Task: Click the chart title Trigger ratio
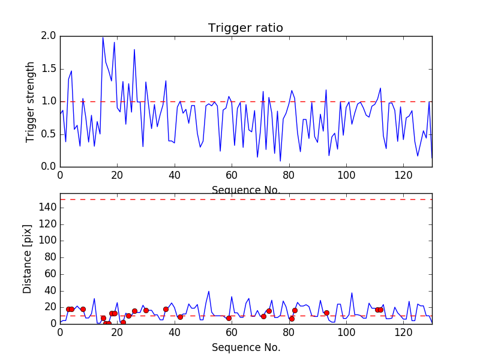coord(245,28)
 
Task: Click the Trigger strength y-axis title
coord(31,101)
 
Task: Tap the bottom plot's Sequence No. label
coord(245,347)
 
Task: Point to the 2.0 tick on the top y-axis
coord(49,37)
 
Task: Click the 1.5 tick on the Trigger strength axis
coord(49,69)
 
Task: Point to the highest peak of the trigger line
coord(103,38)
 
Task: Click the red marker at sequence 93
coord(326,313)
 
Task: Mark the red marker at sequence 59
coord(229,318)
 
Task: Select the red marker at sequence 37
coord(166,309)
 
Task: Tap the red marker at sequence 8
coord(83,309)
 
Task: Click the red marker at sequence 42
coord(180,317)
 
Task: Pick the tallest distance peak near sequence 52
coord(209,291)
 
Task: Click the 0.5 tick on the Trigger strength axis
coord(49,134)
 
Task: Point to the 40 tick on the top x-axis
coord(174,176)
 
